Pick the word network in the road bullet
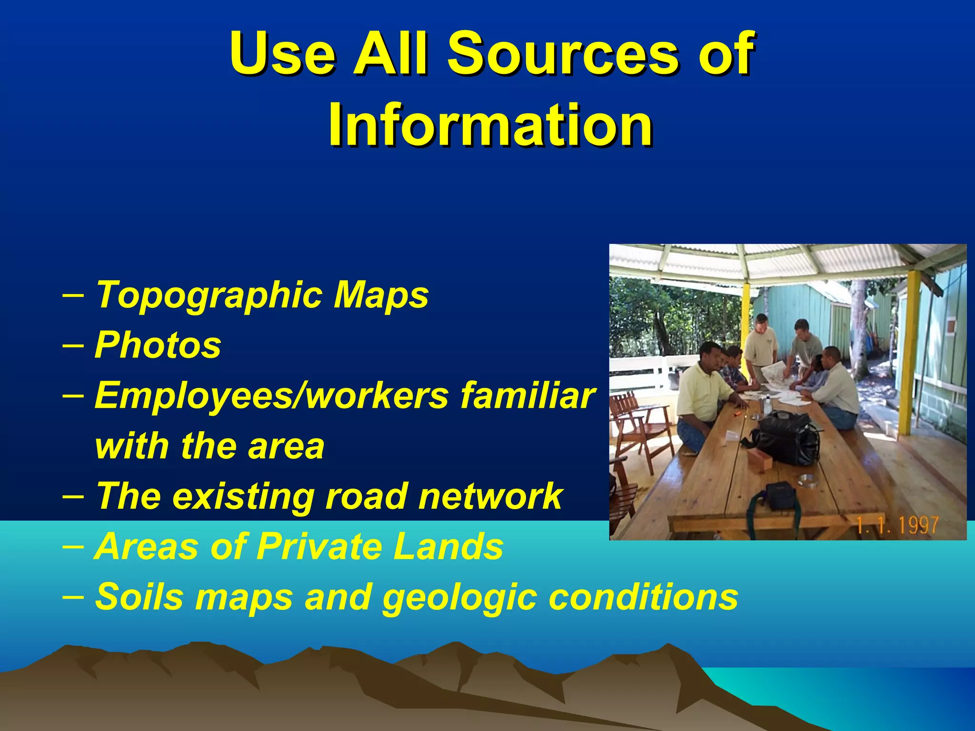coord(490,496)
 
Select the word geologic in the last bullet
coord(460,597)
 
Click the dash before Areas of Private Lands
coord(73,545)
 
